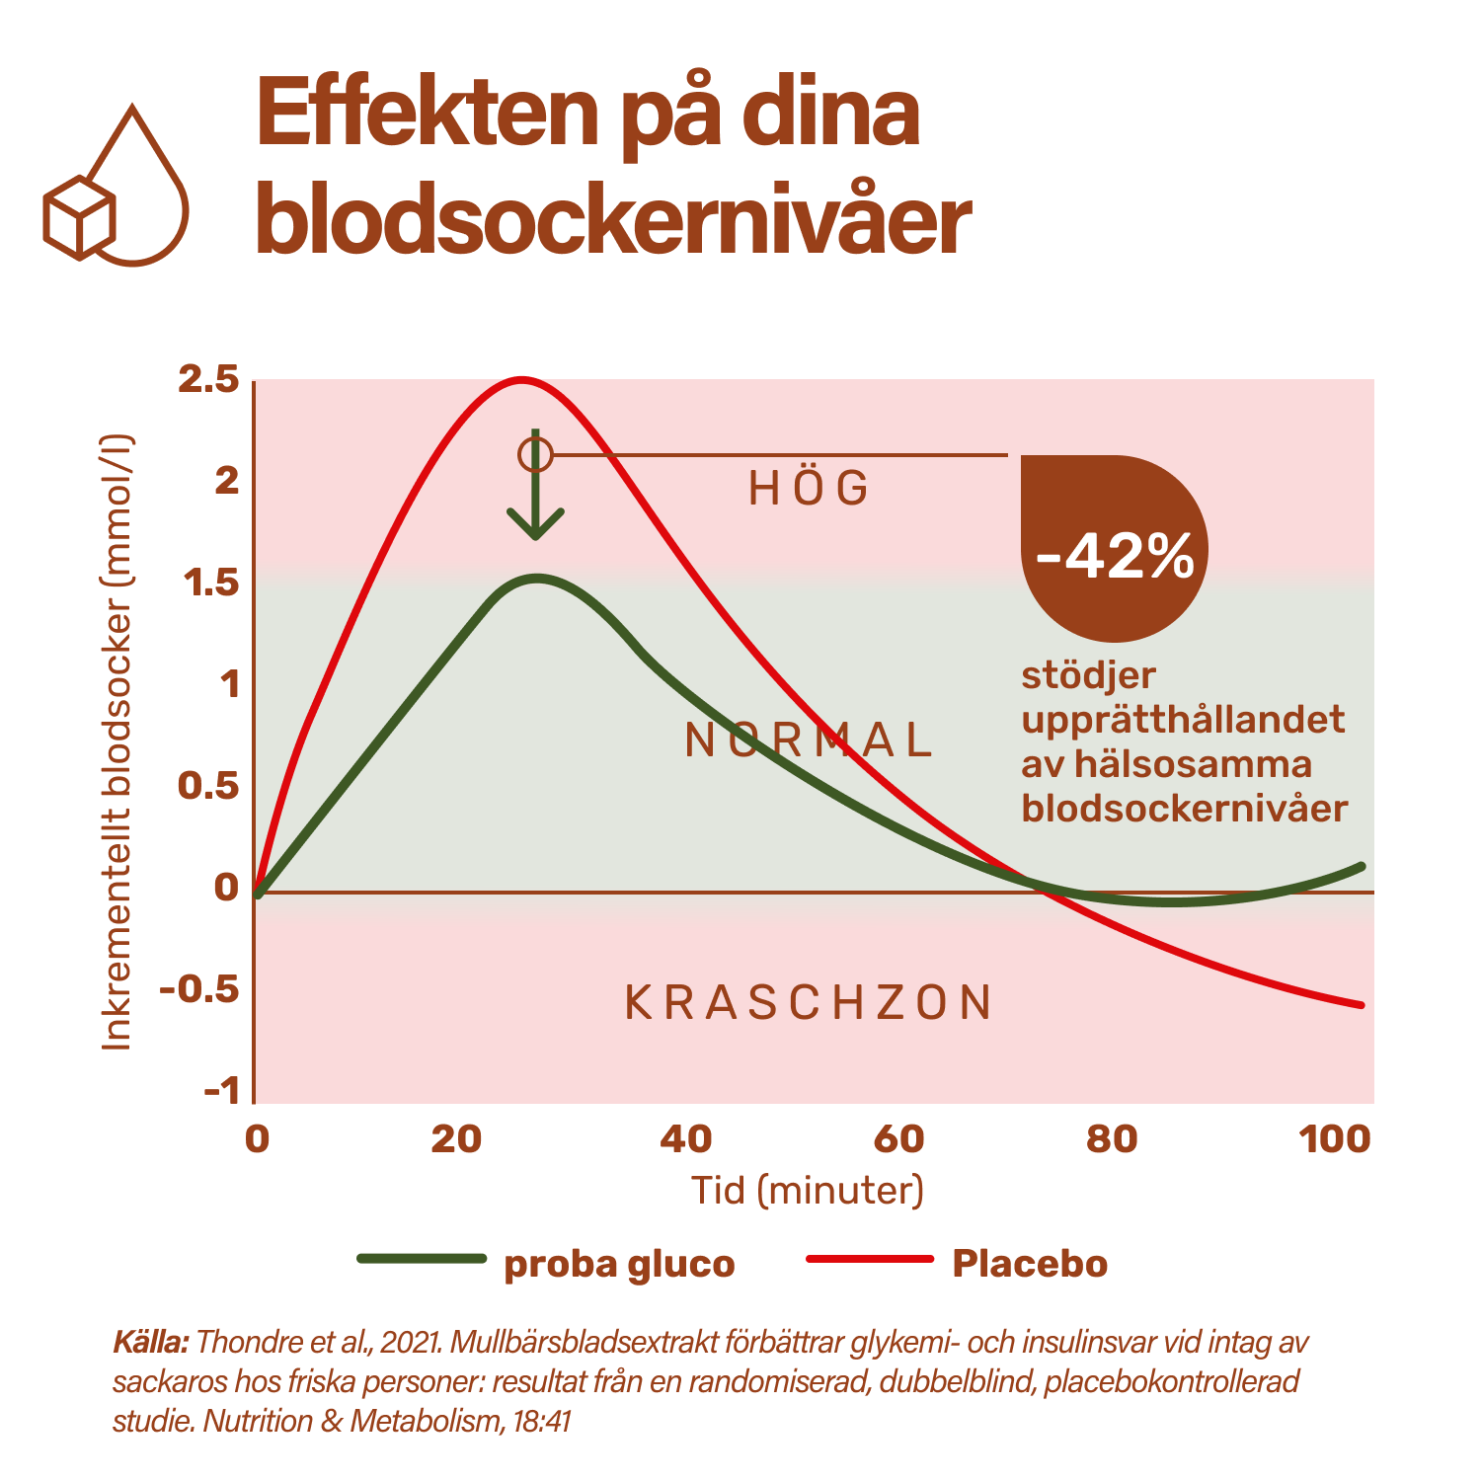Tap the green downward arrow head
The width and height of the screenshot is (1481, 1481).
(535, 523)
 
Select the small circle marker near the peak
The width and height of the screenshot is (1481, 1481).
(535, 455)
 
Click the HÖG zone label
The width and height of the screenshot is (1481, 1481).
(809, 489)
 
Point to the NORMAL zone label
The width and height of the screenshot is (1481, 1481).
(809, 740)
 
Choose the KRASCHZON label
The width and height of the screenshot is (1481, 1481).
(809, 1003)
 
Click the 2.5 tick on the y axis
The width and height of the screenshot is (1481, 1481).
(208, 380)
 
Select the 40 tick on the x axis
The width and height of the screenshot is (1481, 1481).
(685, 1139)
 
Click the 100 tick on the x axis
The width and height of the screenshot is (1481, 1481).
(1335, 1139)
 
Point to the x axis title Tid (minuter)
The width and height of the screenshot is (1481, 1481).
(808, 1190)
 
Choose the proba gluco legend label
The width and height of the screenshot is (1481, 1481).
(619, 1264)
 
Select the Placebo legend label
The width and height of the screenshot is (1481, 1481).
(1029, 1264)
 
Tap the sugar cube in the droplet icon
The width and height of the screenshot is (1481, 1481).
(79, 217)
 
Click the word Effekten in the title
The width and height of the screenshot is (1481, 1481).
(427, 117)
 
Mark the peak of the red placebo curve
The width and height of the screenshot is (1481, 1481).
(520, 379)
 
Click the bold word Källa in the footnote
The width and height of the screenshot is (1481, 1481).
(150, 1343)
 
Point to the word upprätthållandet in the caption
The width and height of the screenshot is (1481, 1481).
(1183, 719)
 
